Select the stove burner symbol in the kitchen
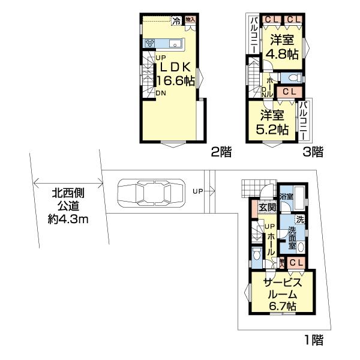(149, 43)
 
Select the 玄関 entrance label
(267, 207)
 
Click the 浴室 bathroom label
(285, 196)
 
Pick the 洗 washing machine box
(299, 220)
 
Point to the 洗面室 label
(292, 237)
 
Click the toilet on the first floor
(257, 254)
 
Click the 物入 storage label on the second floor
(190, 20)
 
